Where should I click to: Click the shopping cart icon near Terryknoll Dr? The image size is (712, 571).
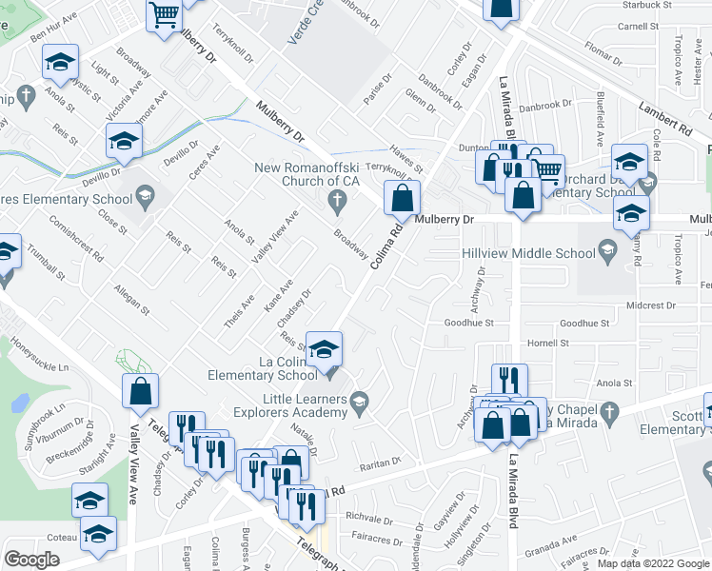click(x=164, y=15)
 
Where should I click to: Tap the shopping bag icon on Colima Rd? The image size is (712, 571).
click(x=403, y=199)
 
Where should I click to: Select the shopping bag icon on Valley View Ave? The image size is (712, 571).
click(x=141, y=391)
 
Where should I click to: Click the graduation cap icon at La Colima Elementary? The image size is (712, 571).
click(x=324, y=349)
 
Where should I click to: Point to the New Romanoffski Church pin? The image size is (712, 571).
click(x=334, y=200)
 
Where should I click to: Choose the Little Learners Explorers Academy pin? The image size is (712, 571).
click(x=359, y=404)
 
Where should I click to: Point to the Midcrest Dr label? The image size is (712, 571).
click(x=651, y=305)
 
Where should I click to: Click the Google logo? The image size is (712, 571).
click(x=32, y=560)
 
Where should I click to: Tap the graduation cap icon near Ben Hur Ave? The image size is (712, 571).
click(x=60, y=64)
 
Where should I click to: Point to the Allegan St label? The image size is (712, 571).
click(x=130, y=295)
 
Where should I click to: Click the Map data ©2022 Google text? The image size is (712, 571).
click(x=652, y=562)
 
